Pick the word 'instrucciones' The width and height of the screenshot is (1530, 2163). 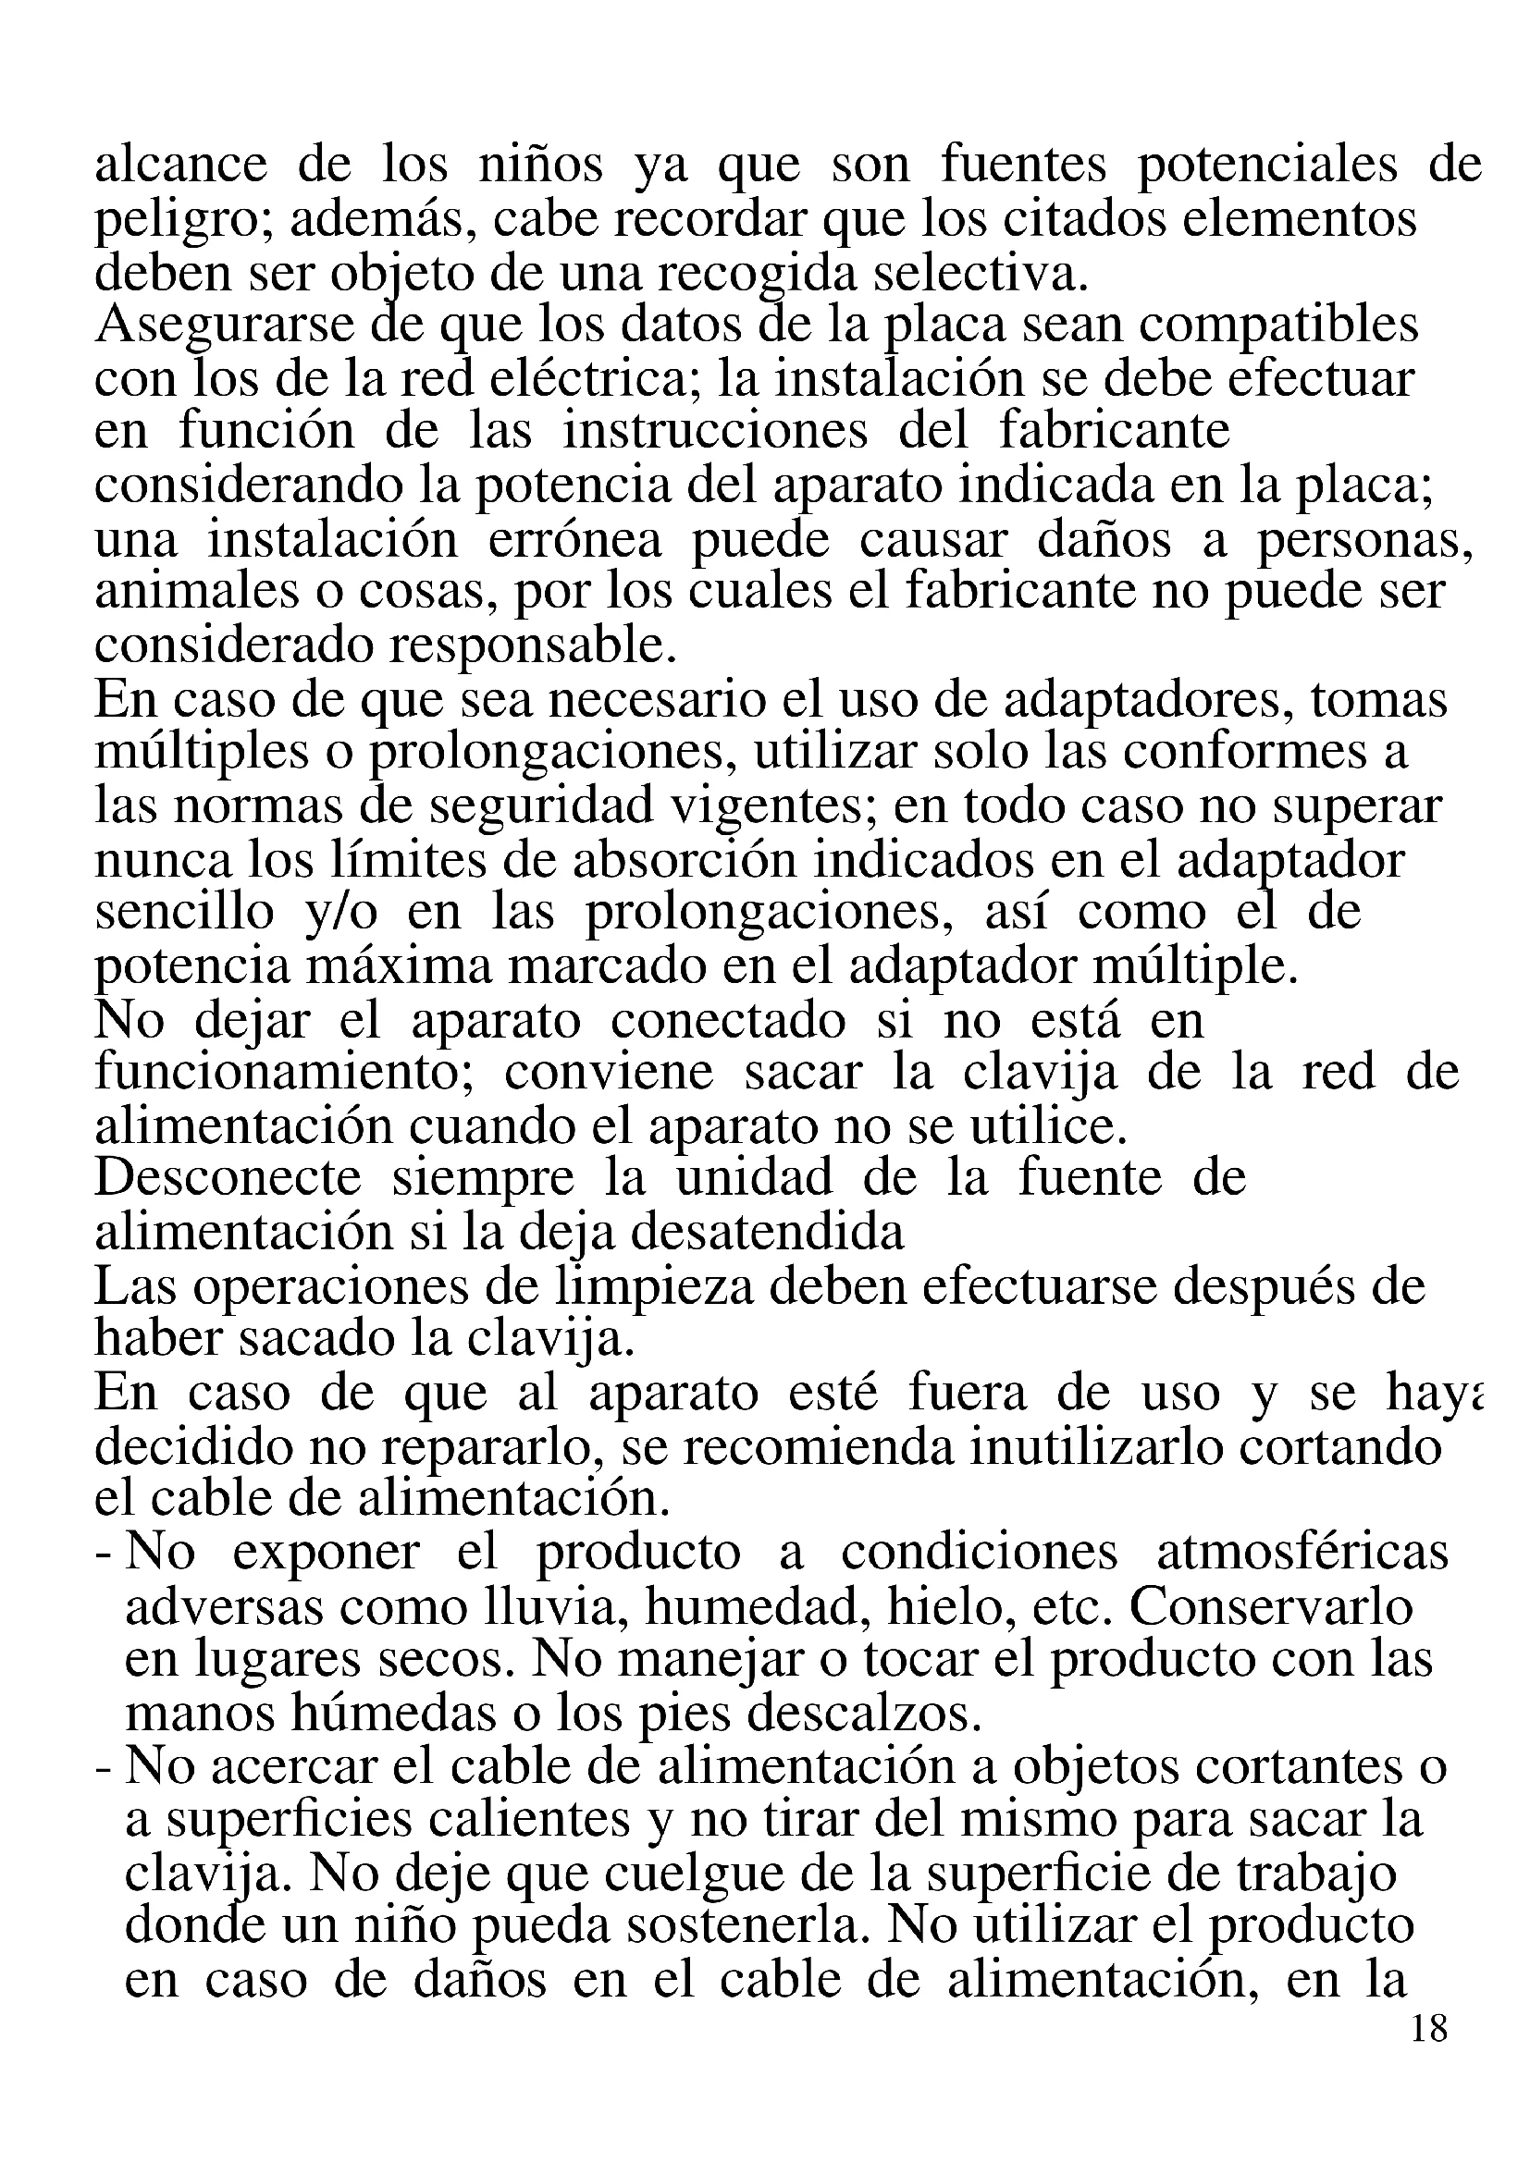[715, 432]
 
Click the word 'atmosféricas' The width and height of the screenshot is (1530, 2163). [1302, 1554]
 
